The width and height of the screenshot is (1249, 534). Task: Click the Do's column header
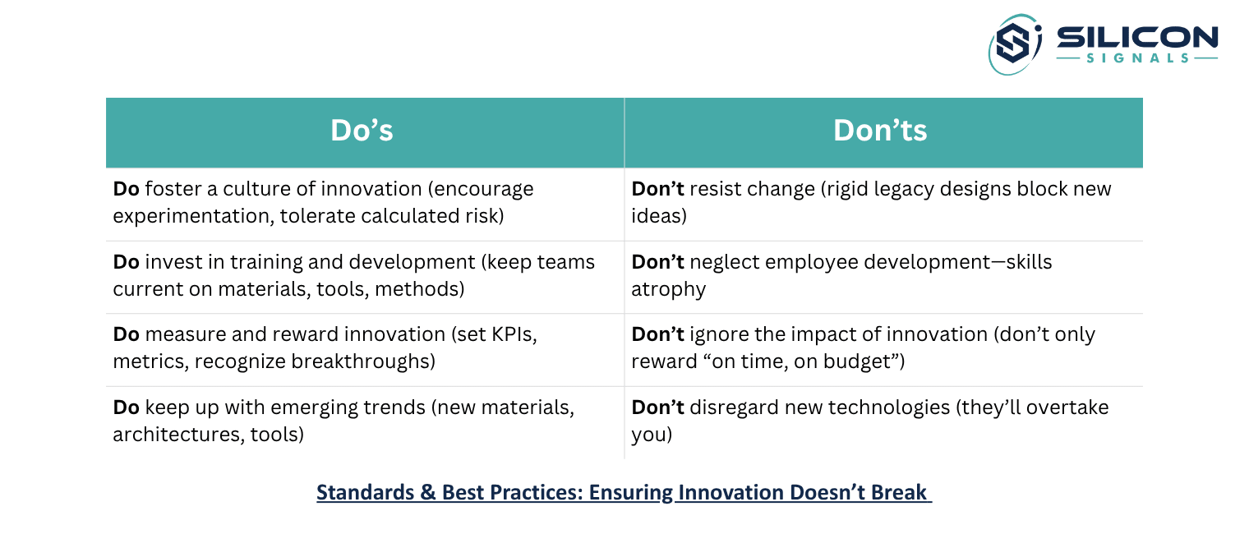[x=362, y=131]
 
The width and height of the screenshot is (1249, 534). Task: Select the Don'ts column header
[x=880, y=131]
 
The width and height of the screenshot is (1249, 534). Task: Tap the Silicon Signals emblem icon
[x=1015, y=44]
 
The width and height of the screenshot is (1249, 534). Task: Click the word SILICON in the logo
[x=1137, y=37]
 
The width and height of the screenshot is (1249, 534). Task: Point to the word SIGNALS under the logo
[x=1137, y=58]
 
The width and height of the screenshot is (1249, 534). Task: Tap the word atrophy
[x=669, y=289]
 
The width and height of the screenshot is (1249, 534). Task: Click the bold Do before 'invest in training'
[x=126, y=262]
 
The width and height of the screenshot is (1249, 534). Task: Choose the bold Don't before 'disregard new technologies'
[x=657, y=407]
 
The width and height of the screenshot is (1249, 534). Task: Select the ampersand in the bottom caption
[x=428, y=493]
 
